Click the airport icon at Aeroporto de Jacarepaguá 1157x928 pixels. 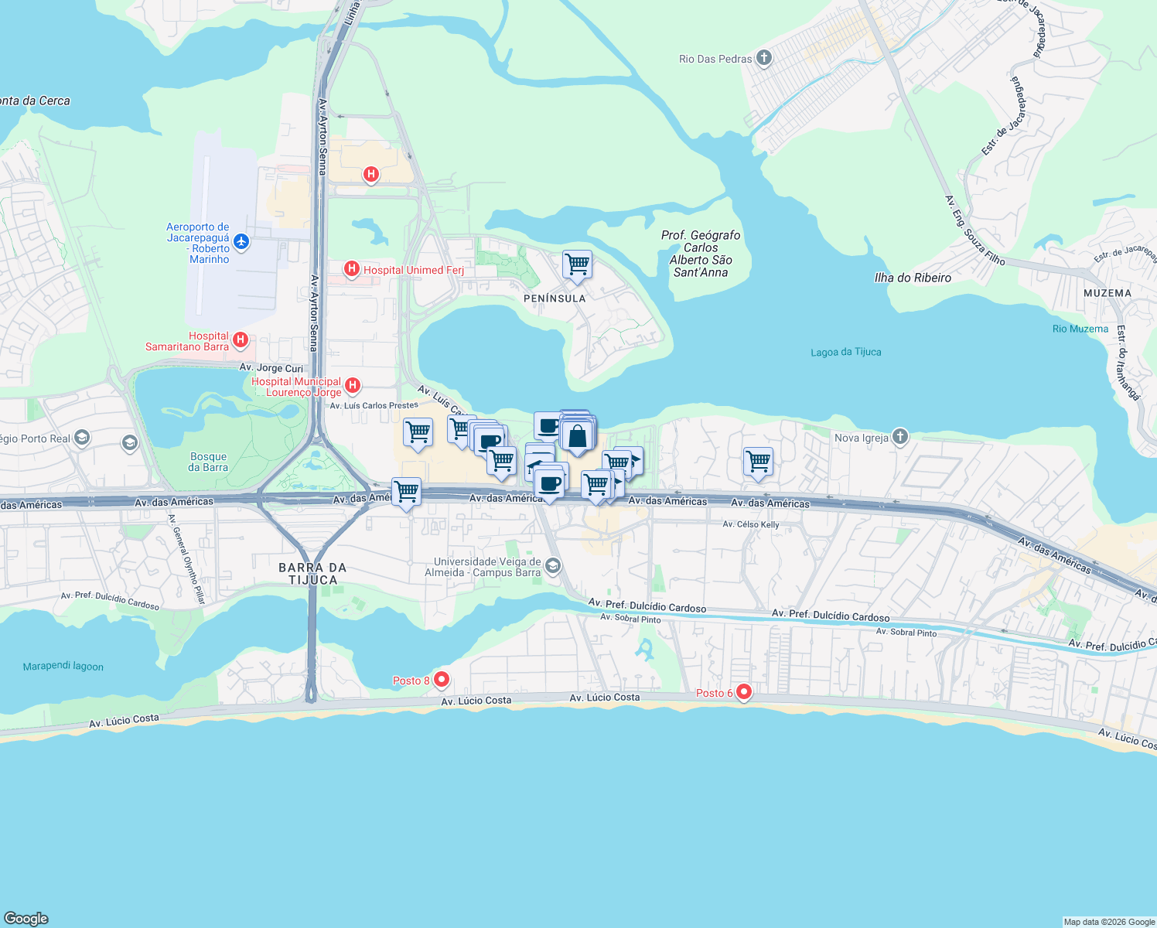(x=241, y=242)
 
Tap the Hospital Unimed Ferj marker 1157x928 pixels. (x=352, y=269)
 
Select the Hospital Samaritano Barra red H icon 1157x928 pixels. (x=241, y=339)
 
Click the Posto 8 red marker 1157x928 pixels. (x=442, y=680)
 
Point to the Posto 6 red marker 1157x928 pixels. (x=744, y=692)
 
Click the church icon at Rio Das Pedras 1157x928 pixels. (x=764, y=58)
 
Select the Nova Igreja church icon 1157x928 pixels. (x=899, y=437)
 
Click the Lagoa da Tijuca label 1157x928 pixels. (x=845, y=352)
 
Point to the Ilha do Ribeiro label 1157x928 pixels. (x=913, y=278)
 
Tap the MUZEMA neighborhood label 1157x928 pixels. (x=1108, y=293)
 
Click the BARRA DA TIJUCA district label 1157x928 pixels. (x=312, y=573)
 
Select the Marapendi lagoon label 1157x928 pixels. (x=63, y=666)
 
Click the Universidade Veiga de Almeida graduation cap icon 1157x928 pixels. (x=552, y=566)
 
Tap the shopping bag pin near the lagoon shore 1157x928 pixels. (x=578, y=436)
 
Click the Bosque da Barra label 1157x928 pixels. (x=208, y=462)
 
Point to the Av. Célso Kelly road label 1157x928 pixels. (x=750, y=524)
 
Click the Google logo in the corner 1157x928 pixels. (x=26, y=918)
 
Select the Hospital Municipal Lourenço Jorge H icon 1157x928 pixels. (x=353, y=385)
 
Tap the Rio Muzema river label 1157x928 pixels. (x=1080, y=329)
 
